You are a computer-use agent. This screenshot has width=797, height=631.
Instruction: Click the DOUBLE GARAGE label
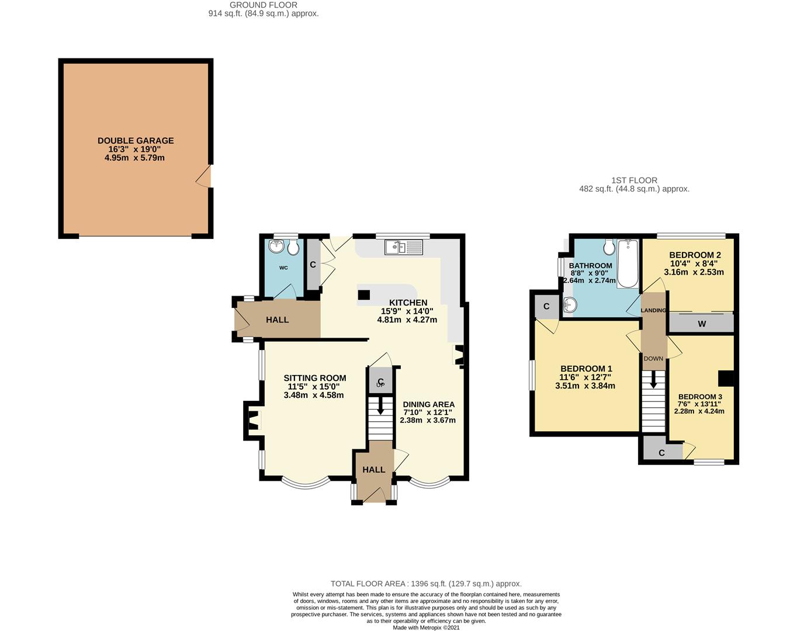tap(136, 141)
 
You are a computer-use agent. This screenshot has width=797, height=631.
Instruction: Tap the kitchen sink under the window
tap(403, 247)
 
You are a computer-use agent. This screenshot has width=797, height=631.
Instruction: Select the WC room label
tap(283, 268)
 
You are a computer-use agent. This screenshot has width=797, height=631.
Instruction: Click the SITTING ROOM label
tap(315, 378)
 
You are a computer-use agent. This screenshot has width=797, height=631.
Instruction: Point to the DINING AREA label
tap(428, 404)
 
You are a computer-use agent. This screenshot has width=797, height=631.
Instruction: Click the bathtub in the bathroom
tap(628, 264)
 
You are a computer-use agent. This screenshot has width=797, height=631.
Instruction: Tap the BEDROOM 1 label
tap(586, 369)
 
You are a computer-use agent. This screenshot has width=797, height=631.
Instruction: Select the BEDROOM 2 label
tap(695, 255)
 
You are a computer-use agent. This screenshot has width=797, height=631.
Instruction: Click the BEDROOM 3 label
tap(700, 397)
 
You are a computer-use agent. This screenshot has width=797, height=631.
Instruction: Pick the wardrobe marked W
tap(701, 323)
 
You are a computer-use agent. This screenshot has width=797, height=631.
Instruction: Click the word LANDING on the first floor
tap(653, 310)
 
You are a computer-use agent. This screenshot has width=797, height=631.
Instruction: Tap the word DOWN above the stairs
tap(653, 359)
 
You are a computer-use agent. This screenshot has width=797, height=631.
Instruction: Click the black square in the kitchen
tap(363, 295)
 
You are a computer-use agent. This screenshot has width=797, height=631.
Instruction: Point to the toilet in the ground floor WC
tap(293, 248)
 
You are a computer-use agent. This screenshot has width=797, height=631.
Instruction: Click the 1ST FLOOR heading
tap(634, 181)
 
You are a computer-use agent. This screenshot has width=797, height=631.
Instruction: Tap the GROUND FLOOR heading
tap(264, 5)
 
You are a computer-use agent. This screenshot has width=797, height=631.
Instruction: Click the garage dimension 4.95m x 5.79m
tap(134, 158)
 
